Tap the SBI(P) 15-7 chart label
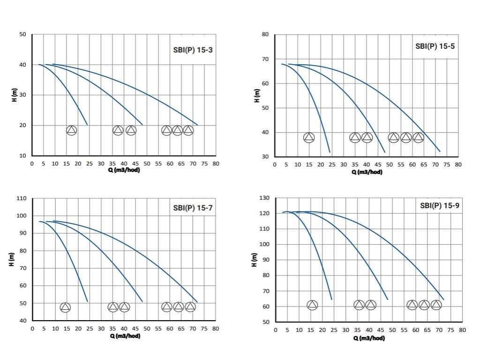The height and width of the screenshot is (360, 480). tap(193, 208)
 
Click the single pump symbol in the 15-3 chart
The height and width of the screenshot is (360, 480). tap(71, 130)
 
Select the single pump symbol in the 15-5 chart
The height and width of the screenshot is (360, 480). tap(309, 137)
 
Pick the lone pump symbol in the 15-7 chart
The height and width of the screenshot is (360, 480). tap(65, 307)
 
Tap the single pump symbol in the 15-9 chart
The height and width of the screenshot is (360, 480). tap(312, 305)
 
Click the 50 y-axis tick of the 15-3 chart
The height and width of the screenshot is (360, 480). tap(22, 35)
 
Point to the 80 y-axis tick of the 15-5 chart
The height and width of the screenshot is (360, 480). tap(265, 35)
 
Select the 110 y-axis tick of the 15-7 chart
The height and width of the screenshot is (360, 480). tap(21, 198)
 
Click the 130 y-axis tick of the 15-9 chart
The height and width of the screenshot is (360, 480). tap(265, 198)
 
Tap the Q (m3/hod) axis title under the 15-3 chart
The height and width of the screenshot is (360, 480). tap(124, 170)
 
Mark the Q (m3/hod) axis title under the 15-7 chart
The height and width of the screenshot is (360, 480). tap(125, 336)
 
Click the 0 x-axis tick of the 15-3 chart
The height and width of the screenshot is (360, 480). tap(32, 164)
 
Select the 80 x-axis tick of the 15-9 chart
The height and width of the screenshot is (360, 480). tap(462, 330)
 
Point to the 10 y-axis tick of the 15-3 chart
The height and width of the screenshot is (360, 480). tap(22, 155)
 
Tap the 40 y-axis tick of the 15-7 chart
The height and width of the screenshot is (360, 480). tap(22, 321)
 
